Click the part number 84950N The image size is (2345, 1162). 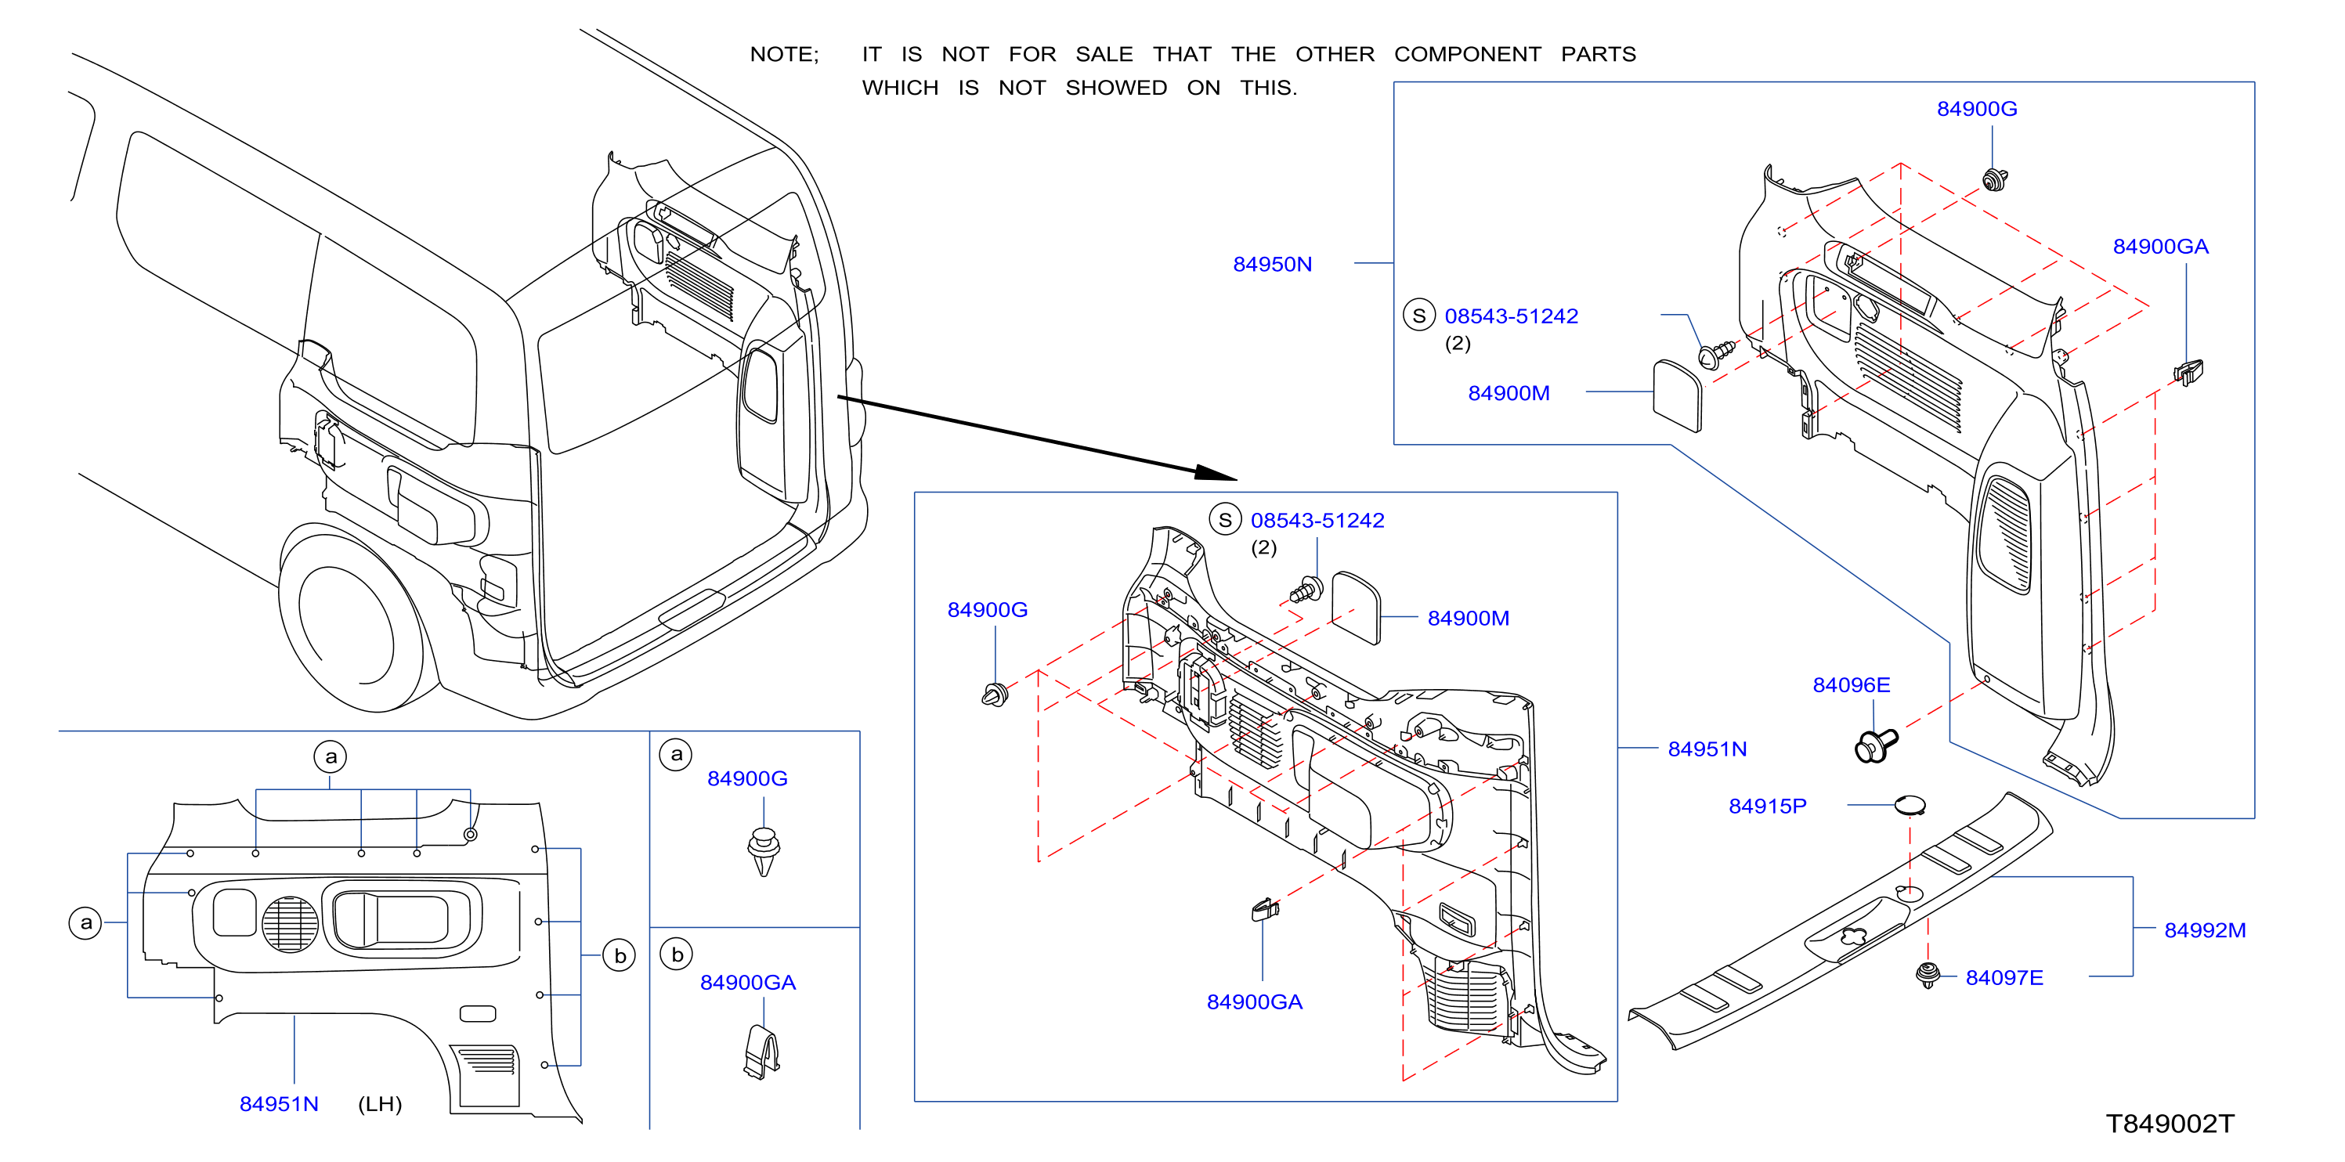(1272, 264)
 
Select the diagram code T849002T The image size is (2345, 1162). (2170, 1124)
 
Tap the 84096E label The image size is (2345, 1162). (1851, 684)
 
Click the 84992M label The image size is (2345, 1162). (2204, 930)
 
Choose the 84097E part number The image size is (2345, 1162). (2004, 977)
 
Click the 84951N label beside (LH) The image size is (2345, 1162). (279, 1104)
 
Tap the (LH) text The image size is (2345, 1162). (380, 1104)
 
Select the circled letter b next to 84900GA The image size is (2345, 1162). (677, 954)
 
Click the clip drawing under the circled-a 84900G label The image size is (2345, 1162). (763, 851)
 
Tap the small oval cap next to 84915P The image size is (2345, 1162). (1910, 804)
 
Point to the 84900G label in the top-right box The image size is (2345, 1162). (1976, 108)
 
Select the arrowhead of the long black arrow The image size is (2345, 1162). (1216, 472)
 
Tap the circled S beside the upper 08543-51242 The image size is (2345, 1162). (1418, 315)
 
